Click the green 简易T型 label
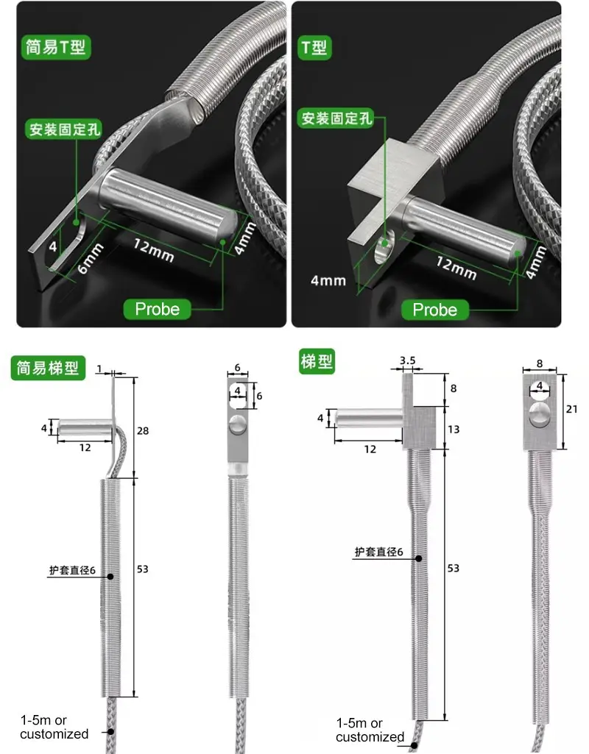point(55,46)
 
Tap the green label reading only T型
point(314,47)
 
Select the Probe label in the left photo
point(157,309)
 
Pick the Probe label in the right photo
point(434,310)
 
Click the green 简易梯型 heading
point(48,368)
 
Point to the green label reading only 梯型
point(317,362)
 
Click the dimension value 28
point(143,430)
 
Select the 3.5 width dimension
point(408,360)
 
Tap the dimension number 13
point(454,429)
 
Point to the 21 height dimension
point(571,409)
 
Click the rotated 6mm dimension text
point(90,259)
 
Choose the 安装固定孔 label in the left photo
point(63,129)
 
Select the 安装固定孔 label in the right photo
point(336,118)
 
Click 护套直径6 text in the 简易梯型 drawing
point(72,570)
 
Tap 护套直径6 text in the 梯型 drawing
point(378,552)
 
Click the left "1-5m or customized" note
point(54,727)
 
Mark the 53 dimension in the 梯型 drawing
point(454,568)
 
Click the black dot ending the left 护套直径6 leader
point(110,576)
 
